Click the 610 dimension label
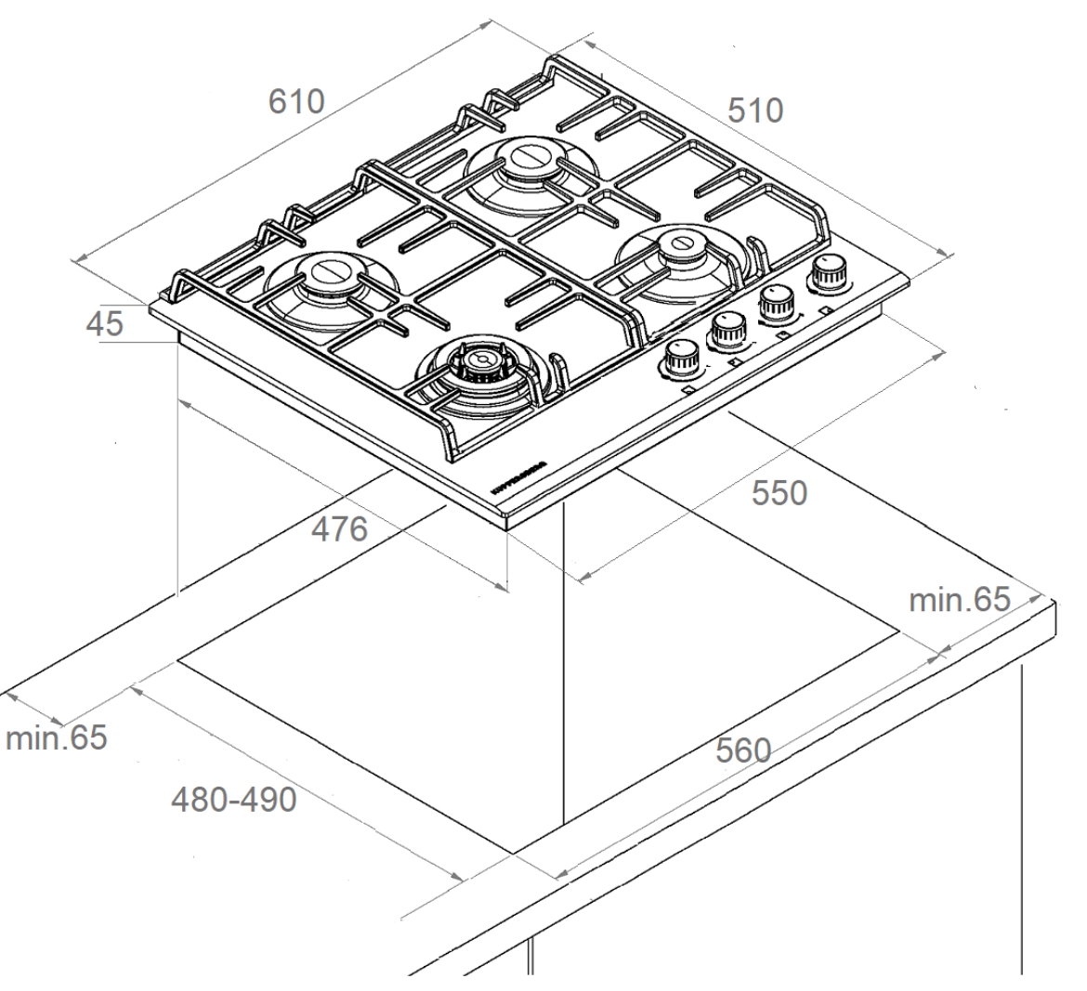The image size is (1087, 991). [296, 101]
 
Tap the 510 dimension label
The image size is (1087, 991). [754, 111]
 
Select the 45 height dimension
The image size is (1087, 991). [103, 324]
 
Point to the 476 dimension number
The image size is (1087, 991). [339, 529]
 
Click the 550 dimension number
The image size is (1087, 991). [779, 493]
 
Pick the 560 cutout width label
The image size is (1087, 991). [743, 750]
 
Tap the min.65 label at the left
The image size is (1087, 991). [56, 739]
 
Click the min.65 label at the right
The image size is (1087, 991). [958, 599]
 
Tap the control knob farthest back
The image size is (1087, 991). [825, 274]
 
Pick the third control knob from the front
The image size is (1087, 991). [778, 300]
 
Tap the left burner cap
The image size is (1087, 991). [328, 272]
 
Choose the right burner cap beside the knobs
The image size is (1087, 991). [683, 247]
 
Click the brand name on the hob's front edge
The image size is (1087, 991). [517, 475]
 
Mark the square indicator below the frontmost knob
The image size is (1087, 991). [688, 391]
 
